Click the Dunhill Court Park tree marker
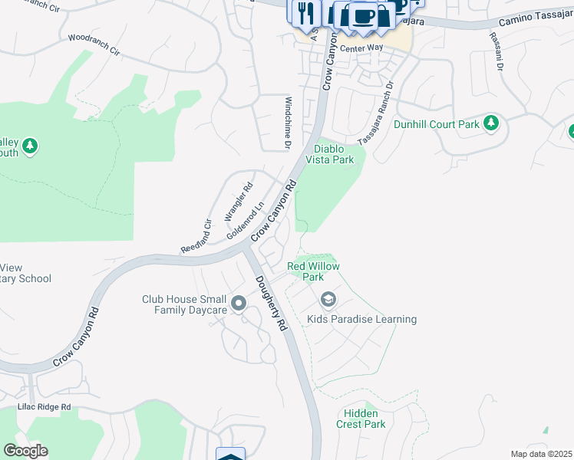pos(491,123)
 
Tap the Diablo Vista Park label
pos(330,154)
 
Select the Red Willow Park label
pos(313,271)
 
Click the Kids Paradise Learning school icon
pos(329,299)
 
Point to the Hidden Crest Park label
pos(361,419)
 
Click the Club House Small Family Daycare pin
pos(238,304)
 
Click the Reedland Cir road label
pos(196,237)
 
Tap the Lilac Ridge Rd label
pos(45,407)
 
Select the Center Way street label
pos(362,48)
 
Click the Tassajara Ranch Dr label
pos(376,104)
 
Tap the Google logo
pos(25,451)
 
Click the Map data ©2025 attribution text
pos(542,454)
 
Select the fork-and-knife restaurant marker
pos(305,12)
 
